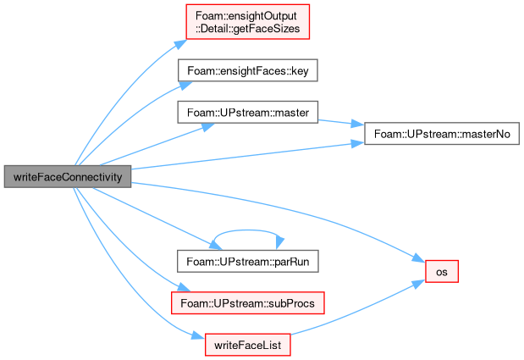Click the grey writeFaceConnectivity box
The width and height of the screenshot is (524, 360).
coord(68,176)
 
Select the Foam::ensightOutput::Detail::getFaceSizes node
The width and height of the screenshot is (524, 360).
coord(248,22)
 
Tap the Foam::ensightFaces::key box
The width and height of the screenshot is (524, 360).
coord(248,70)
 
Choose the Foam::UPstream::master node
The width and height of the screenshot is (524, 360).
coord(248,113)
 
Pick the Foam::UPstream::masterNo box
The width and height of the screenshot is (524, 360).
coord(442,134)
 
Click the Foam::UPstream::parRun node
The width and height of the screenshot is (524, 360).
coord(248,261)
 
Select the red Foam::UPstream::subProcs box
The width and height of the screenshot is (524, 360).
coord(248,303)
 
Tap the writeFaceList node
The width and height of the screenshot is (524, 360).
coord(248,345)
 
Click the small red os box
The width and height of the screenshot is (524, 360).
coord(441,271)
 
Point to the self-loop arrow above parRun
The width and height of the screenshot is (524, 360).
coord(247,230)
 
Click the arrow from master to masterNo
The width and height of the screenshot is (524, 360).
coord(340,123)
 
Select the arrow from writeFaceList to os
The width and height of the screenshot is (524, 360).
coord(357,310)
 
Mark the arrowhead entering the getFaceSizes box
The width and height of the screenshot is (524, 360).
coord(181,44)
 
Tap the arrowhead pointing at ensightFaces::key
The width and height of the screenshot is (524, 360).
coord(185,86)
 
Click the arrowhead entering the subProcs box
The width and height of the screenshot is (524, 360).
coord(184,287)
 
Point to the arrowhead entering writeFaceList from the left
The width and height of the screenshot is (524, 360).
coord(198,336)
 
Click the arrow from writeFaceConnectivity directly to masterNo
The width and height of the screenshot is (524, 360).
coord(247,156)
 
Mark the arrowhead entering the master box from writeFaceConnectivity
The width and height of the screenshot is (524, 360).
coord(208,127)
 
